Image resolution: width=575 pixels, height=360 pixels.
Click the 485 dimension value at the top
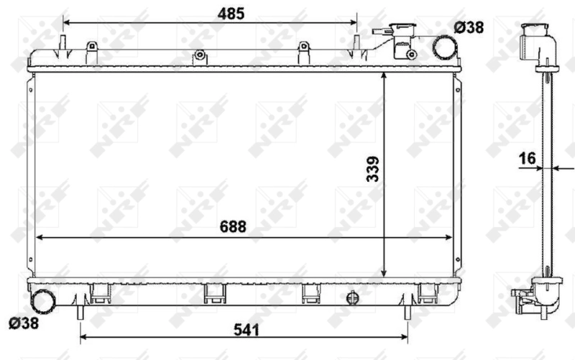pos(232,13)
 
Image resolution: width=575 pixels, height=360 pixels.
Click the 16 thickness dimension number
pos(528,158)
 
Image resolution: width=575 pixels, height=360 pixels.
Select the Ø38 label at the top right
pos(469,27)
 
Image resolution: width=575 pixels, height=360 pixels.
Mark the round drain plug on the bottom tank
pos(352,297)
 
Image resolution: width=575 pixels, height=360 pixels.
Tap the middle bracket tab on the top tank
pos(201,55)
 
